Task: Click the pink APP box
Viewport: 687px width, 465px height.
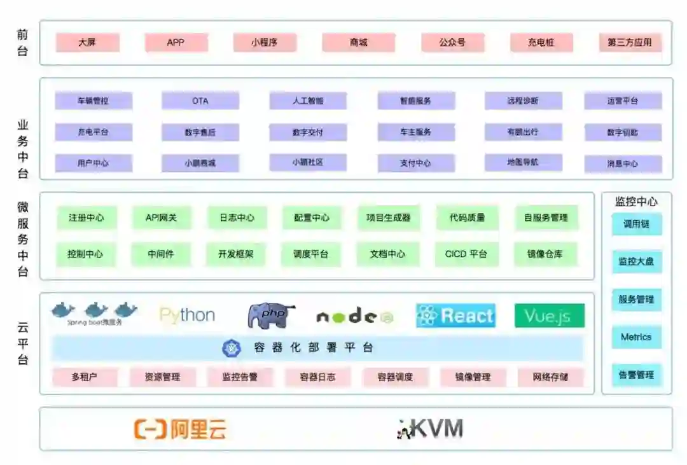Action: pyautogui.click(x=176, y=43)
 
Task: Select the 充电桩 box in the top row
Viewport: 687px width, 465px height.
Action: pyautogui.click(x=541, y=43)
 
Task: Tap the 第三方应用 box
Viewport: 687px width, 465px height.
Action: pyautogui.click(x=630, y=43)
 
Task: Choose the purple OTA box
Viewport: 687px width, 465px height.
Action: pyautogui.click(x=200, y=101)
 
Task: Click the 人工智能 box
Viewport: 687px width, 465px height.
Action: pyautogui.click(x=308, y=101)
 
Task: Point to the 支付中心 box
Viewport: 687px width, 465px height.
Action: pyautogui.click(x=415, y=163)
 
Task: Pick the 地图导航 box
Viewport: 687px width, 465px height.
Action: pyautogui.click(x=523, y=162)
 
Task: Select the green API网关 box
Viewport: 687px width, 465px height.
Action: pyautogui.click(x=162, y=218)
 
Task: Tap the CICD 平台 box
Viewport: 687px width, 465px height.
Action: pyautogui.click(x=466, y=254)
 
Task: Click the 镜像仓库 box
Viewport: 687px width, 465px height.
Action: pyautogui.click(x=545, y=254)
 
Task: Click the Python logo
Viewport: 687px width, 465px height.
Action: pyautogui.click(x=187, y=315)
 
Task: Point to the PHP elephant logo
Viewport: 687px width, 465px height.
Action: pyautogui.click(x=271, y=316)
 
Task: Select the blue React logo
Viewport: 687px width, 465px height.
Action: pyautogui.click(x=455, y=316)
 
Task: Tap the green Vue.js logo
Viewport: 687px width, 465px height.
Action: pyautogui.click(x=549, y=316)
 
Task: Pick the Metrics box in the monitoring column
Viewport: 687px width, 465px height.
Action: pyautogui.click(x=636, y=337)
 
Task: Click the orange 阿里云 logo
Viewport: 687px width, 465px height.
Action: pyautogui.click(x=180, y=429)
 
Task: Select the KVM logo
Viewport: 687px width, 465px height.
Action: pyautogui.click(x=430, y=429)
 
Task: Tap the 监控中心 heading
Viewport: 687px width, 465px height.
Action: pyautogui.click(x=636, y=202)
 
